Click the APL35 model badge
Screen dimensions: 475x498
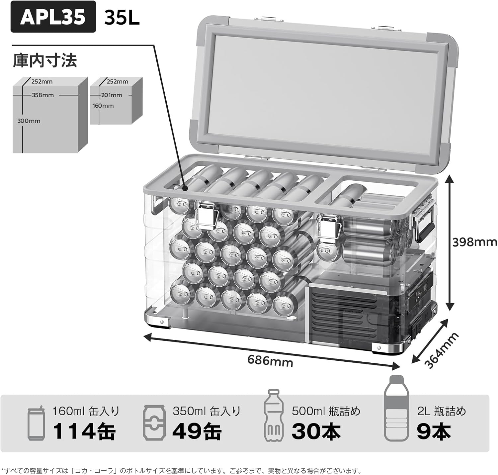[53, 17]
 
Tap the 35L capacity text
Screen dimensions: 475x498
[122, 18]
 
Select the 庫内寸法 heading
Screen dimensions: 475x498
[45, 60]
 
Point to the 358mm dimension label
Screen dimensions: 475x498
[43, 95]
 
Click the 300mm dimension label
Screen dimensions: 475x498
[29, 121]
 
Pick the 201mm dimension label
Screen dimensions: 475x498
[112, 95]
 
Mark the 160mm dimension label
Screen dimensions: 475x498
[103, 106]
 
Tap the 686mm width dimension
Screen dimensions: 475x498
[270, 360]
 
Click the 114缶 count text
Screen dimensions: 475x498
[84, 431]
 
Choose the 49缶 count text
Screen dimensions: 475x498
[197, 431]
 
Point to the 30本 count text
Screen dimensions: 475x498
[316, 431]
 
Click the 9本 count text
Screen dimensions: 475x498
[434, 431]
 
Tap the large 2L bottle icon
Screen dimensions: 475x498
[396, 408]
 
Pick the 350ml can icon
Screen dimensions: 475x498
[154, 423]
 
